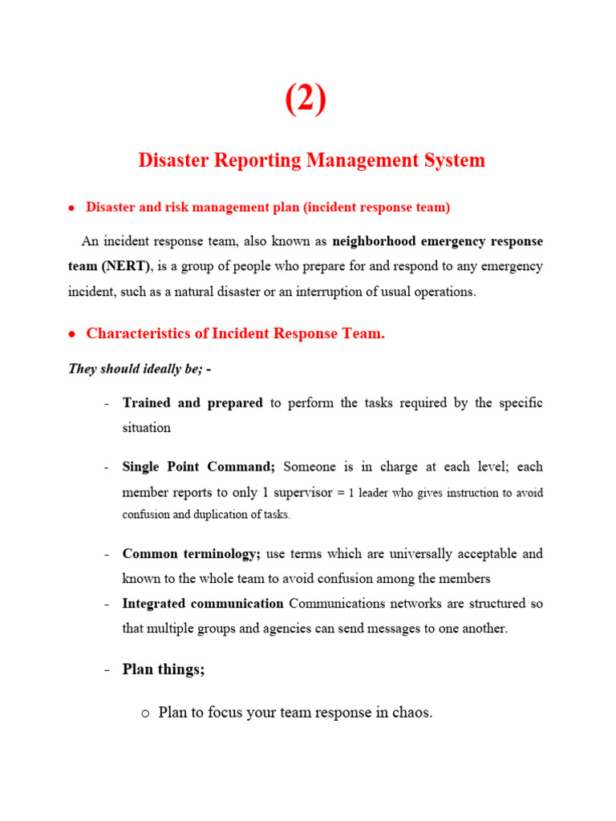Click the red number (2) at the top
pos(306,100)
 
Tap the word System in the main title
pos(456,160)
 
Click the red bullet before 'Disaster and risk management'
pos(71,208)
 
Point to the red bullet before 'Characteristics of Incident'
pos(71,334)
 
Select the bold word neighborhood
pos(374,241)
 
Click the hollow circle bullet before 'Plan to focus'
pos(144,713)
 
